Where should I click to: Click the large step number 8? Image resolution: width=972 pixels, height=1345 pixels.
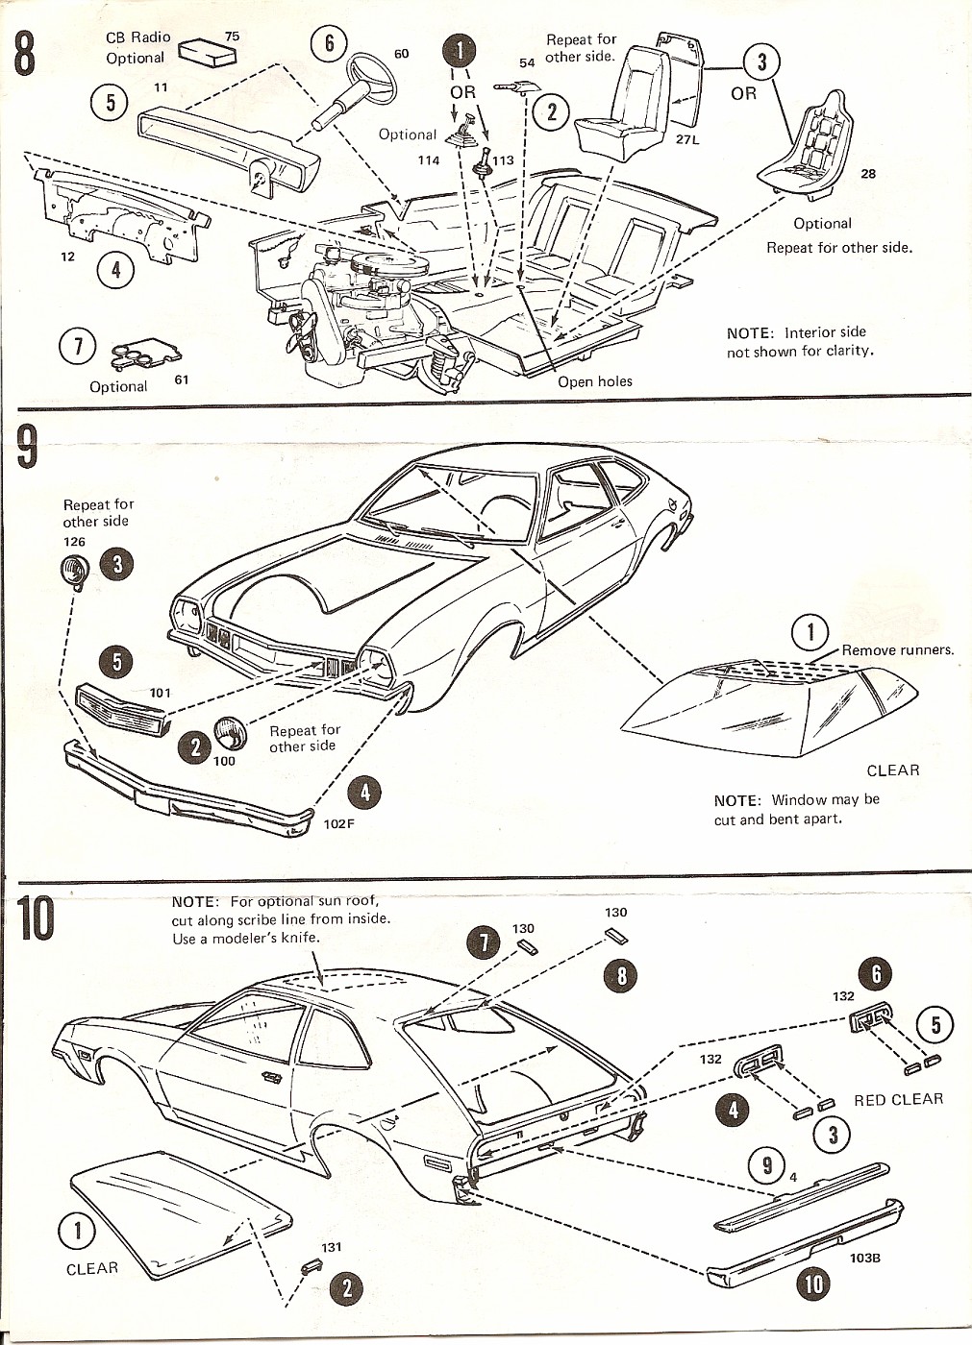[25, 53]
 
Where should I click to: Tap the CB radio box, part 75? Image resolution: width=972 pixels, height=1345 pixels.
[209, 53]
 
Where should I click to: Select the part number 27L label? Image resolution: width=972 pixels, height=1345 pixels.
[687, 139]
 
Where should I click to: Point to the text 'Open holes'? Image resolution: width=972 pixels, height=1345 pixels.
[595, 381]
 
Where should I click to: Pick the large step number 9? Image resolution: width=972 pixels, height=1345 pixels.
[28, 448]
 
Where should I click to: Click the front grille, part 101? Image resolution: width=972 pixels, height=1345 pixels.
[120, 709]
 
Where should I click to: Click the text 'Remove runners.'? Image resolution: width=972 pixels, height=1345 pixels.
[897, 650]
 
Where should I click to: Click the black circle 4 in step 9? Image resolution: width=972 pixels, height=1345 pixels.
[365, 793]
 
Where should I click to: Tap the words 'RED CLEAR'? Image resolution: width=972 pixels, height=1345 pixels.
[898, 1100]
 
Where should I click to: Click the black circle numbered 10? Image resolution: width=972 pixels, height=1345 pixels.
[813, 1284]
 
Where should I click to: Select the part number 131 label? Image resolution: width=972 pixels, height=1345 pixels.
[331, 1247]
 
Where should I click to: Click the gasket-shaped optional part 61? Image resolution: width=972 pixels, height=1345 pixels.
[139, 354]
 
